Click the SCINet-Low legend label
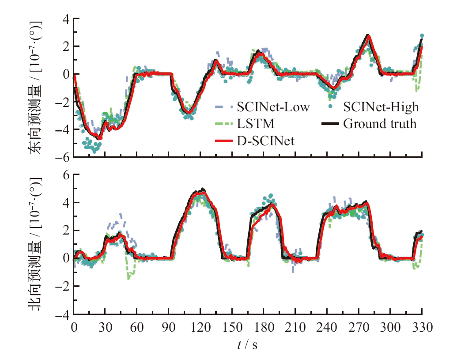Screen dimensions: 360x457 273,107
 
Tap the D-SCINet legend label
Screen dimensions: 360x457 266,141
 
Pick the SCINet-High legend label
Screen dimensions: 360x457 381,107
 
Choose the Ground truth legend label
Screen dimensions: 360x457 380,124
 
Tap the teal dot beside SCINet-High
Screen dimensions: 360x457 331,107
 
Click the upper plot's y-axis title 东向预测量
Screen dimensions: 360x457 37,88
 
